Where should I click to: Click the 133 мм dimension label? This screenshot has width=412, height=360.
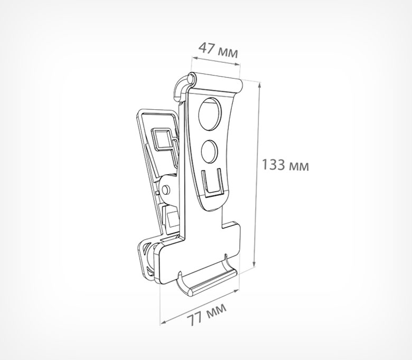pos(285,165)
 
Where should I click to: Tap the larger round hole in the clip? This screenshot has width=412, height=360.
pos(210,114)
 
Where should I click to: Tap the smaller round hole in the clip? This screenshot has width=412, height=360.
pos(210,151)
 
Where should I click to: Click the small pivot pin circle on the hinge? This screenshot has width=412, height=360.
pos(165,190)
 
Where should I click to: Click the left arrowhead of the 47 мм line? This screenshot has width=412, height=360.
pos(194,58)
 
